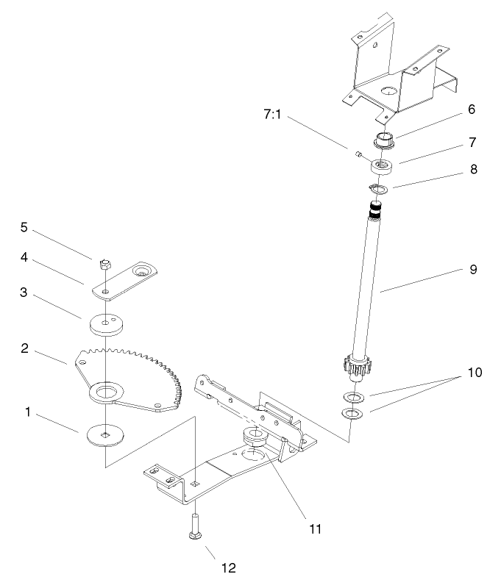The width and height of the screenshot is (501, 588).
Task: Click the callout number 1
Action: pyautogui.click(x=29, y=413)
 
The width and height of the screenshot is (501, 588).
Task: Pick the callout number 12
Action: pyautogui.click(x=229, y=567)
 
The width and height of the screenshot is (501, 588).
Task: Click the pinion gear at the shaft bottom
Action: pyautogui.click(x=355, y=366)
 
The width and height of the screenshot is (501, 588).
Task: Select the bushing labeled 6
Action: pyautogui.click(x=386, y=139)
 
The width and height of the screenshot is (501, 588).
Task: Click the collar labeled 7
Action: pyautogui.click(x=382, y=166)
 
